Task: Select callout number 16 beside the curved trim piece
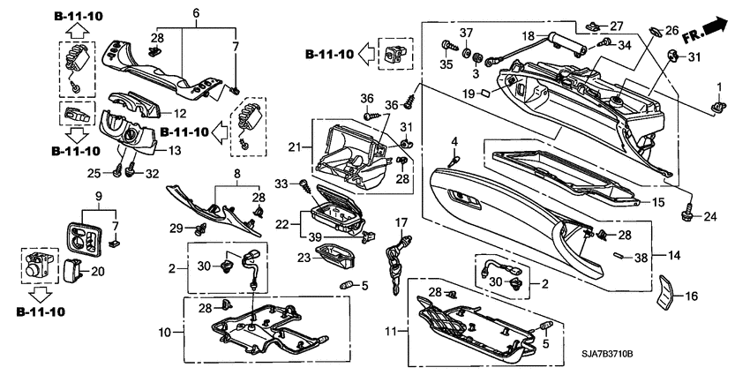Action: (x=691, y=297)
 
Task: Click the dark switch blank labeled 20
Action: (x=72, y=271)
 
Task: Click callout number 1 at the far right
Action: (x=719, y=86)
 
